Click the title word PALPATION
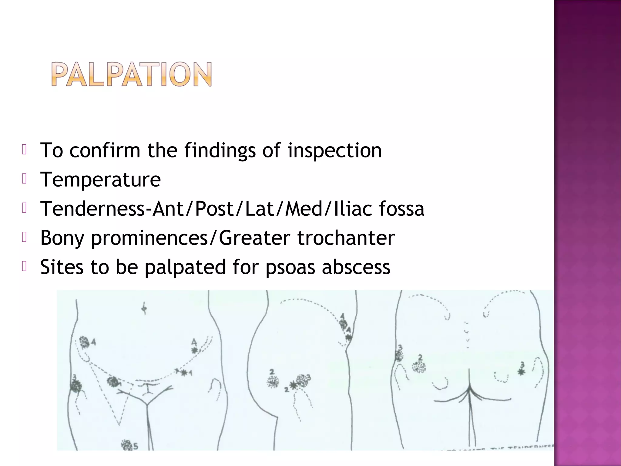131,74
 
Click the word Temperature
100,179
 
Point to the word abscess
356,267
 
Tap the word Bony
62,238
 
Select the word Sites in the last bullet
62,267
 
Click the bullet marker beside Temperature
25,179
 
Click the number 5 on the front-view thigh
136,446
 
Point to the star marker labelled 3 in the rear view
521,372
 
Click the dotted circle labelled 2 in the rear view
419,367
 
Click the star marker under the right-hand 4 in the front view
194,350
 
